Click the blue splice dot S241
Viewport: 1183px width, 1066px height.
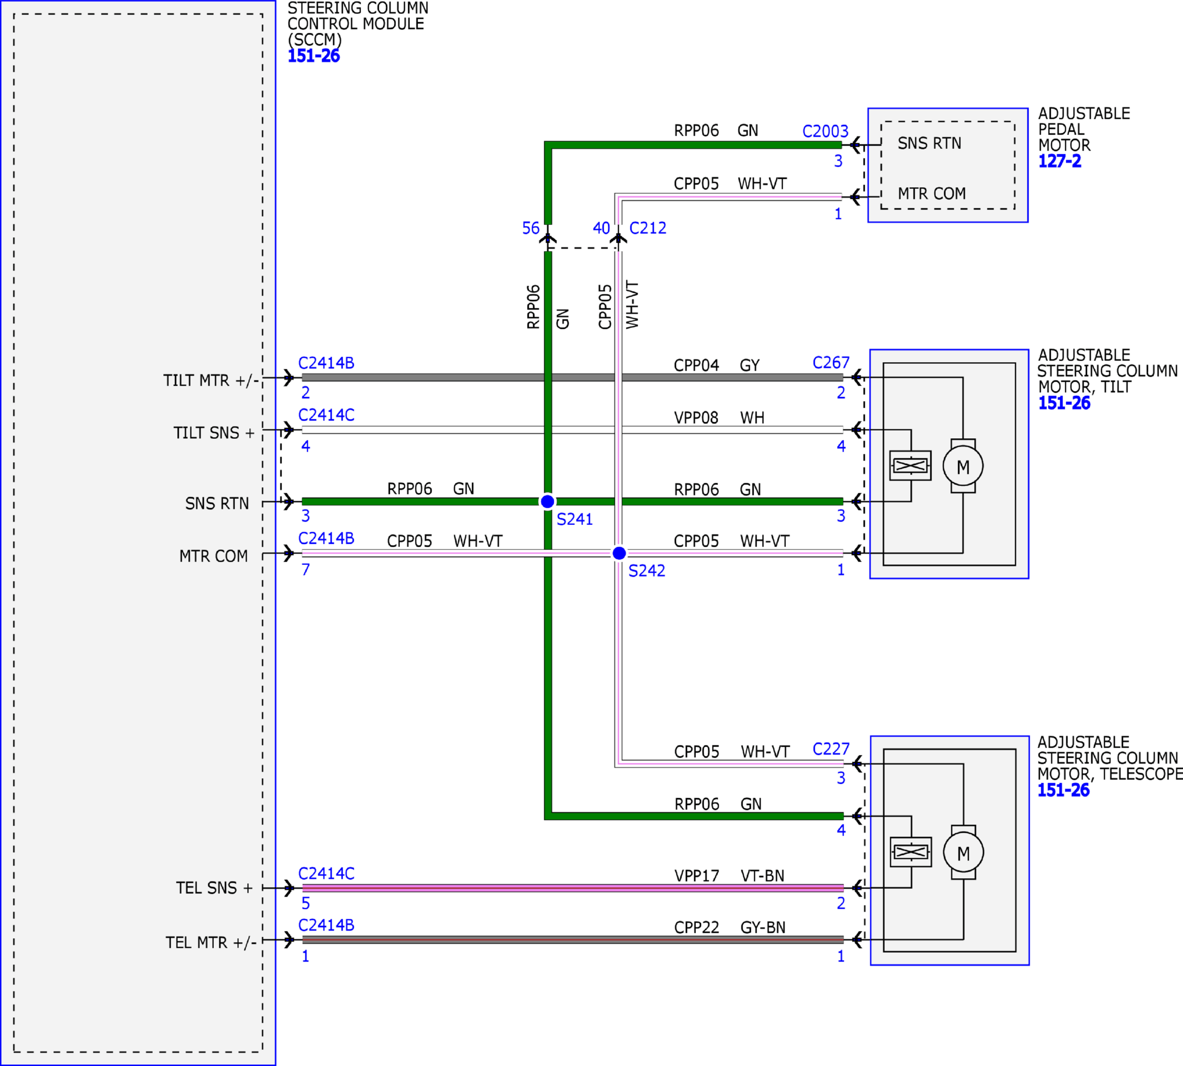(548, 502)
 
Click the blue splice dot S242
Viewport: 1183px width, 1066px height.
(619, 553)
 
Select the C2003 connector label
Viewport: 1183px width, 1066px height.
(825, 131)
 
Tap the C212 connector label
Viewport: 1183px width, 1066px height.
(648, 228)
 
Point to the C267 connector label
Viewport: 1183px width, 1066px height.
(831, 363)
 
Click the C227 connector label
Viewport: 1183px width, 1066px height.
(831, 749)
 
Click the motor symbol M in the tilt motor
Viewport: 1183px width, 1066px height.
(963, 466)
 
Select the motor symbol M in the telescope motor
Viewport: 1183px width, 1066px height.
(964, 853)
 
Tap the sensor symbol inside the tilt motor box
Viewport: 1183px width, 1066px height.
(910, 466)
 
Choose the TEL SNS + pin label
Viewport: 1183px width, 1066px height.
(214, 888)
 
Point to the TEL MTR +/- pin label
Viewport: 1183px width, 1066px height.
(211, 943)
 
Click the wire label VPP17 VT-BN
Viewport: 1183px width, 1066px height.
(729, 875)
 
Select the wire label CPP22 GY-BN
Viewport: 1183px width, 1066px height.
(730, 927)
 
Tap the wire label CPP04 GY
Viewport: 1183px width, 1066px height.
(717, 366)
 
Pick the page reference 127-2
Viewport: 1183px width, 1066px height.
(1060, 161)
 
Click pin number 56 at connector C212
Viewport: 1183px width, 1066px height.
(530, 228)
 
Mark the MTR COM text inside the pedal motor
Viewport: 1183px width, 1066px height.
(932, 193)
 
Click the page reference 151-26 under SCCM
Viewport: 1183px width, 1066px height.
(313, 56)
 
